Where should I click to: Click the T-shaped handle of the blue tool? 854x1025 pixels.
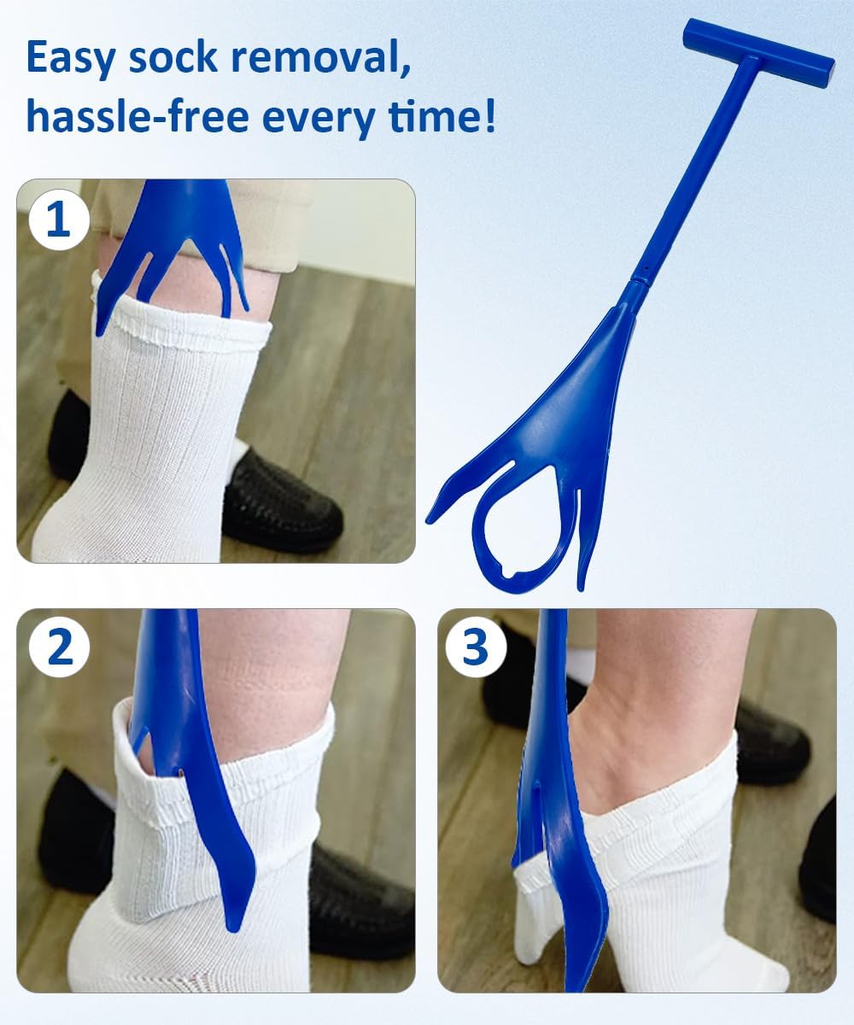coord(758,53)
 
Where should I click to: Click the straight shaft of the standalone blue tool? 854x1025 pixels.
coord(696,171)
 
